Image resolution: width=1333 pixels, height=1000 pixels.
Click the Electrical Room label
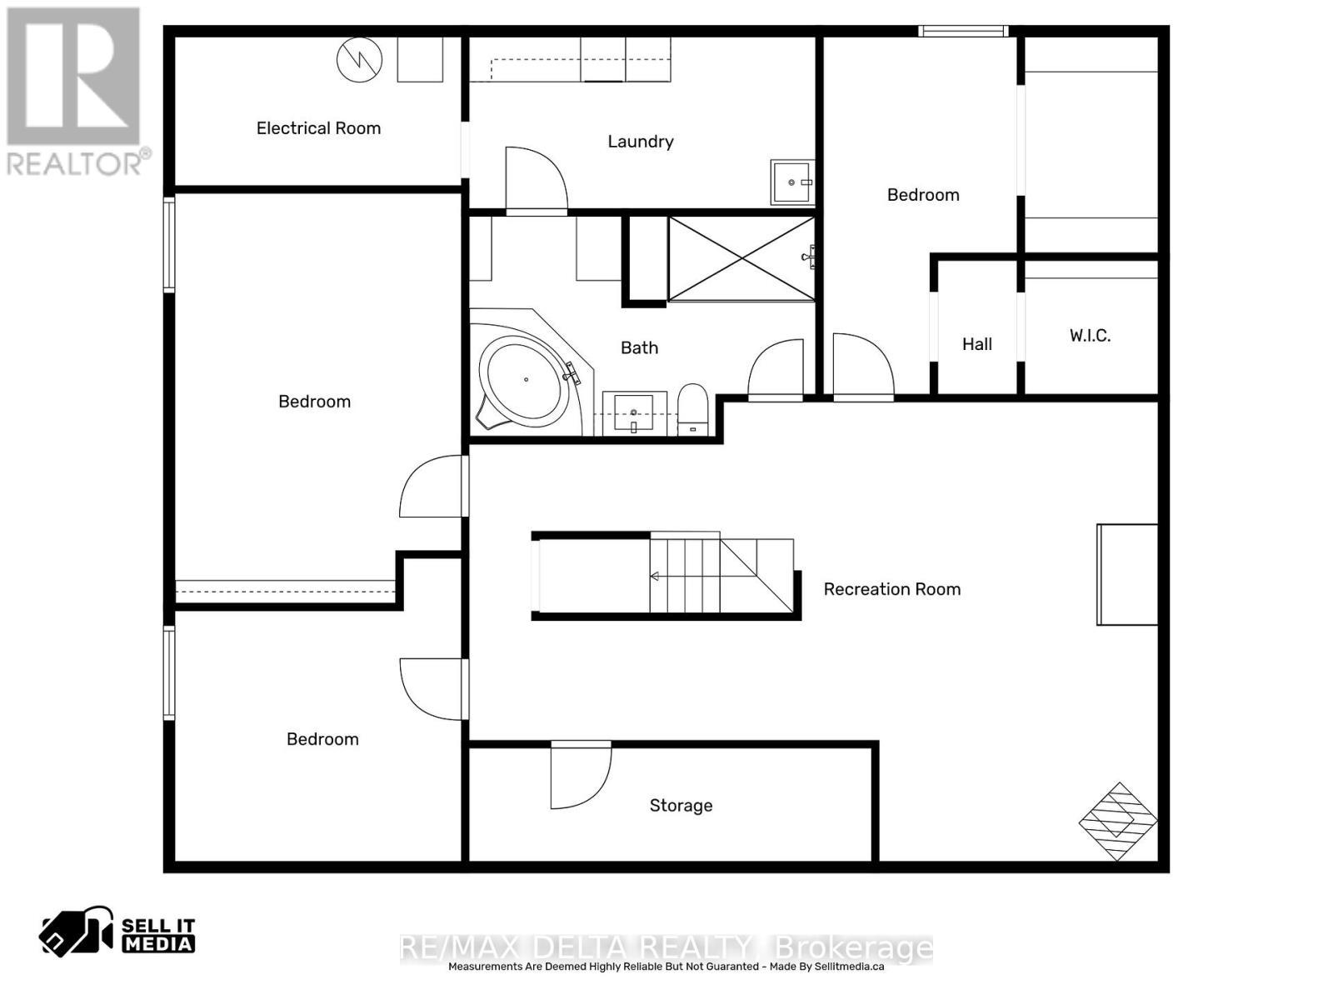pyautogui.click(x=318, y=128)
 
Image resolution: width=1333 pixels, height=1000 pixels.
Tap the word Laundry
pyautogui.click(x=641, y=142)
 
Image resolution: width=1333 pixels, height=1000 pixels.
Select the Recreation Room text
pyautogui.click(x=892, y=589)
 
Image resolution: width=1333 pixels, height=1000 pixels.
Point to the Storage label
pyautogui.click(x=681, y=806)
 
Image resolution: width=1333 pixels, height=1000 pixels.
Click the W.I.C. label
pyautogui.click(x=1090, y=335)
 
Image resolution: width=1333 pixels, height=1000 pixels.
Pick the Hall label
pyautogui.click(x=977, y=344)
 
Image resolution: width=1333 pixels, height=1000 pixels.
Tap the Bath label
pyautogui.click(x=640, y=347)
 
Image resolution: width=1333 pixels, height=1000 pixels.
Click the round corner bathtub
pyautogui.click(x=526, y=379)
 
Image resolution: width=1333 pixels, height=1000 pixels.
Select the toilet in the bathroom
pyautogui.click(x=693, y=409)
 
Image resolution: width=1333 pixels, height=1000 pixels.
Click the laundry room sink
pyautogui.click(x=792, y=182)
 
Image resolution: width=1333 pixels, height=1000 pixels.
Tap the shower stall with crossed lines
pyautogui.click(x=741, y=259)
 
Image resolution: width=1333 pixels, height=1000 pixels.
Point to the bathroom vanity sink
pyautogui.click(x=633, y=413)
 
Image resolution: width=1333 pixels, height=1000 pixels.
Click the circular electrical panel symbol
pyautogui.click(x=360, y=60)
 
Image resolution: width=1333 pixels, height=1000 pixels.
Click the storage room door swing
pyautogui.click(x=581, y=777)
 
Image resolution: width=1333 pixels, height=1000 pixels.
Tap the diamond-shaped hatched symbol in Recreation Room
pyautogui.click(x=1118, y=822)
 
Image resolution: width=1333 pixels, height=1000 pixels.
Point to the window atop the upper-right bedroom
pyautogui.click(x=963, y=31)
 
